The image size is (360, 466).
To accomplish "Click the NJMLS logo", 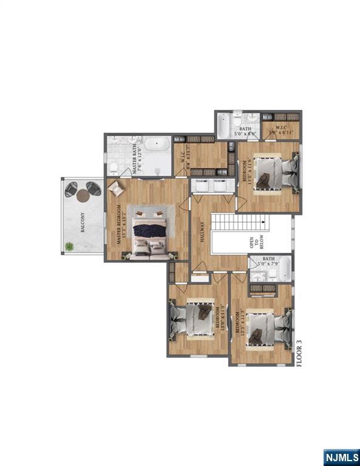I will point(341,456).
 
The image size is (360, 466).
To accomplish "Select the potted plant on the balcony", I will point(70,246).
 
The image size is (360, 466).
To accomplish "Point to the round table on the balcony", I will point(83,195).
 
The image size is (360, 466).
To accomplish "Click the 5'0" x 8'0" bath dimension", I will point(245,133).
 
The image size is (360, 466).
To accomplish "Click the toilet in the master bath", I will point(114,167).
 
